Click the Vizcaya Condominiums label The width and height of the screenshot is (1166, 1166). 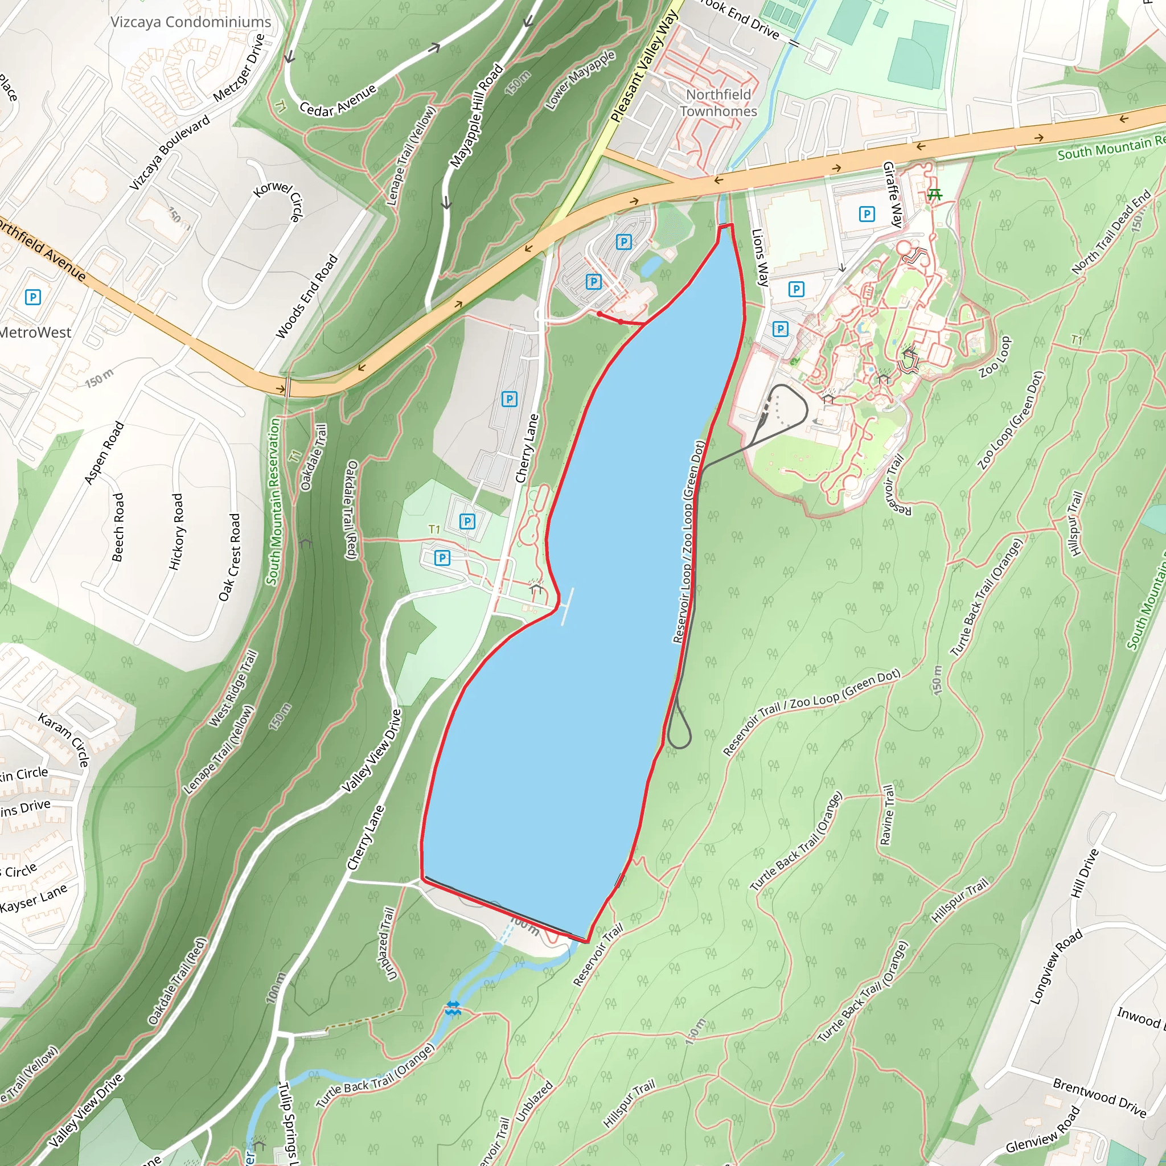pyautogui.click(x=191, y=22)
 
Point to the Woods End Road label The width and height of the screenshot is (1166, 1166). pyautogui.click(x=307, y=296)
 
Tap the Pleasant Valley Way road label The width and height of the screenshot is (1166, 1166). pyautogui.click(x=644, y=66)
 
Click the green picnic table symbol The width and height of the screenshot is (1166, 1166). pyautogui.click(x=935, y=194)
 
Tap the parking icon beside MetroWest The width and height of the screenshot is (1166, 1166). pyautogui.click(x=32, y=297)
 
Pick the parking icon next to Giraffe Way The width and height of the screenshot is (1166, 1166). pyautogui.click(x=867, y=214)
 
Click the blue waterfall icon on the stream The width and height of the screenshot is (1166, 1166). pyautogui.click(x=453, y=1007)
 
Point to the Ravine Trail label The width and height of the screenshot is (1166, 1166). pyautogui.click(x=886, y=815)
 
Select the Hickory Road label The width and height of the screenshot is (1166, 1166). pyautogui.click(x=176, y=532)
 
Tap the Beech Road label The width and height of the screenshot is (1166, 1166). pyautogui.click(x=118, y=527)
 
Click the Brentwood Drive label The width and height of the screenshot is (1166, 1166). pyautogui.click(x=1099, y=1097)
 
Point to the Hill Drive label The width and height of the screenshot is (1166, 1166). pyautogui.click(x=1085, y=873)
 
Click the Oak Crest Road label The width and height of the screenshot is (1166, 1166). pyautogui.click(x=230, y=557)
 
